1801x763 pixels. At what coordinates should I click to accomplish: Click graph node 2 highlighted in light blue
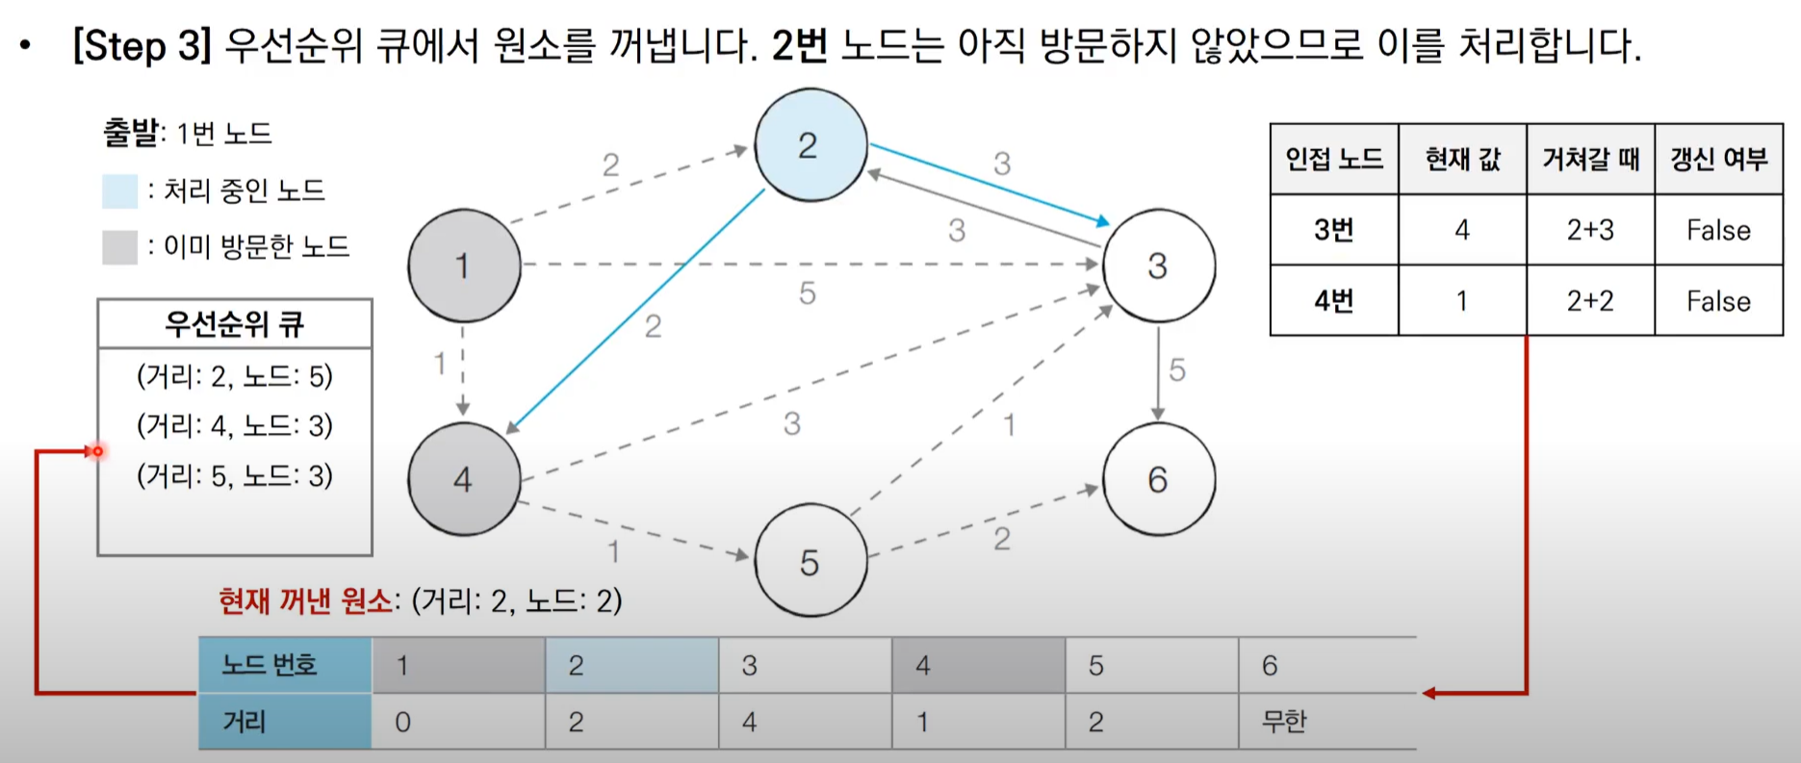810,145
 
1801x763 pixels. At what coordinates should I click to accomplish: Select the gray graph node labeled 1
464,265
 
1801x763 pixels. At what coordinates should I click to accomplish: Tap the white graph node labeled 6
1158,478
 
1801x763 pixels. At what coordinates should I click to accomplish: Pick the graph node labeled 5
810,561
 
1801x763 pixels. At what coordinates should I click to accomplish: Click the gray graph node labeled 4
464,478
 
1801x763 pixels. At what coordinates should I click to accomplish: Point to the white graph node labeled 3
1158,265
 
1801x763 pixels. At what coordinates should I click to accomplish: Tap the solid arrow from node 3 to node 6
1158,370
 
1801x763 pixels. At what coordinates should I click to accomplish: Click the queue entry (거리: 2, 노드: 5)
235,376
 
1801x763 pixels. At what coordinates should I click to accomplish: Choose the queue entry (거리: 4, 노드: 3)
235,425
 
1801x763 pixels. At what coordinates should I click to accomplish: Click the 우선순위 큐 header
235,324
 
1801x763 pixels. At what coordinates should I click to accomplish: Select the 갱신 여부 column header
1718,159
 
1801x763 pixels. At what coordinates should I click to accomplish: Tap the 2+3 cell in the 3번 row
1590,230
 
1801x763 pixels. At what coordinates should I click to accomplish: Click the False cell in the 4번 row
1718,301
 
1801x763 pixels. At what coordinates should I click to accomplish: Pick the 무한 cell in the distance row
1284,722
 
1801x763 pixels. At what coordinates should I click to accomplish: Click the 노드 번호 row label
270,665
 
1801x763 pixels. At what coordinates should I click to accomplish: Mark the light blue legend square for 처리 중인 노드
120,191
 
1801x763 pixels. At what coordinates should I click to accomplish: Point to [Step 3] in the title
142,45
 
